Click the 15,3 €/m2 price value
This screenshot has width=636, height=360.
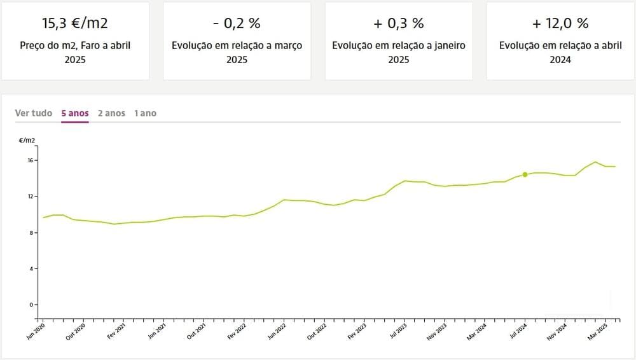[75, 24]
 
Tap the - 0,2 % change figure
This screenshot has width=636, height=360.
[237, 24]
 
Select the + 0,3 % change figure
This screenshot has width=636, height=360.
[399, 24]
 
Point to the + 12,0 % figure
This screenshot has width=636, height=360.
[560, 24]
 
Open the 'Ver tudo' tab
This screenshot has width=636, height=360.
[34, 113]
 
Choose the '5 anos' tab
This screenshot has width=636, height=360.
[75, 113]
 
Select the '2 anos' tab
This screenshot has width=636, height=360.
[111, 113]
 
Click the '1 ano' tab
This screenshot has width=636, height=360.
[145, 113]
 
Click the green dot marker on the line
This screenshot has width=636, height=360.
[525, 174]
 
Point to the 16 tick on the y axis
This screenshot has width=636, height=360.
[30, 160]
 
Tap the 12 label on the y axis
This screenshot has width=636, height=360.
[30, 197]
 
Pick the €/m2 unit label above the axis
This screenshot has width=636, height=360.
[27, 139]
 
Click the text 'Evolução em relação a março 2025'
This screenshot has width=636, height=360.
[237, 53]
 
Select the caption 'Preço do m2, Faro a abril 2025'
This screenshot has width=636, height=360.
[75, 53]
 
